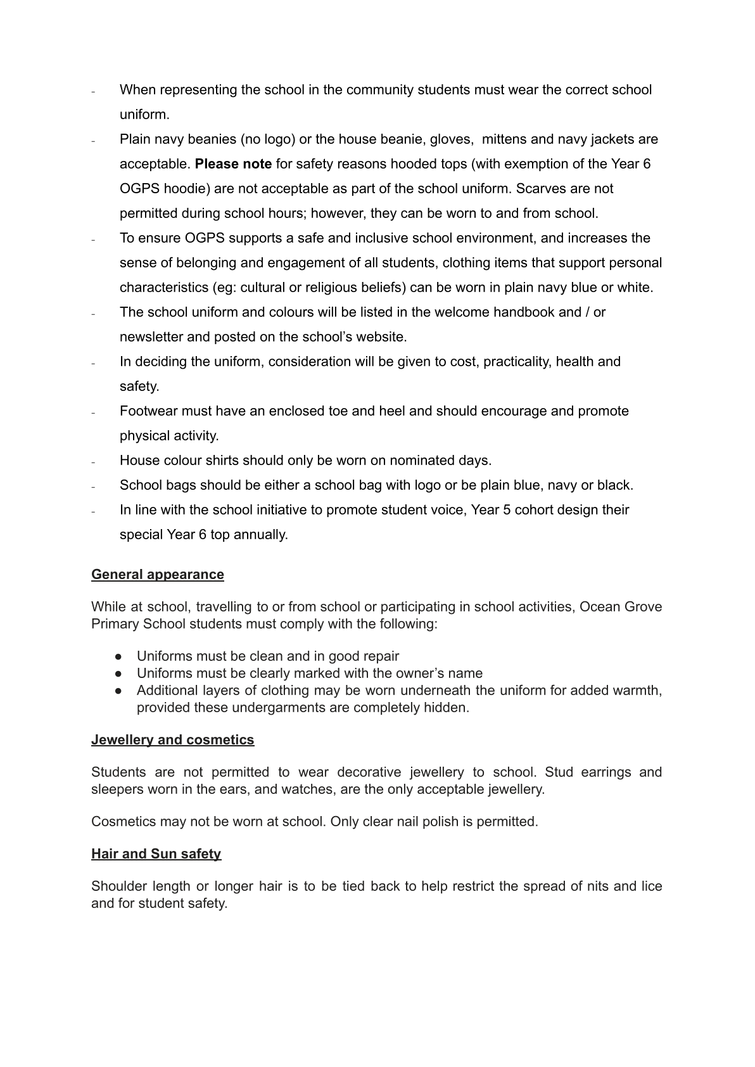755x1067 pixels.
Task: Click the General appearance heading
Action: pyautogui.click(x=157, y=574)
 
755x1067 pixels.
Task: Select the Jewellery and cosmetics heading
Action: pyautogui.click(x=172, y=739)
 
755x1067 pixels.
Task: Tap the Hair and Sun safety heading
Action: pyautogui.click(x=156, y=853)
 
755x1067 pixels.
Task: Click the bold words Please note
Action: pyautogui.click(x=233, y=164)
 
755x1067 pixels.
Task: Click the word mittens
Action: pyautogui.click(x=507, y=139)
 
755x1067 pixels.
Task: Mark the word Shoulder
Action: pyautogui.click(x=118, y=886)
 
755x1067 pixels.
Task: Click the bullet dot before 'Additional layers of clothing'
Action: pyautogui.click(x=118, y=691)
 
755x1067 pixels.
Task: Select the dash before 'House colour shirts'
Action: pyautogui.click(x=93, y=461)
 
